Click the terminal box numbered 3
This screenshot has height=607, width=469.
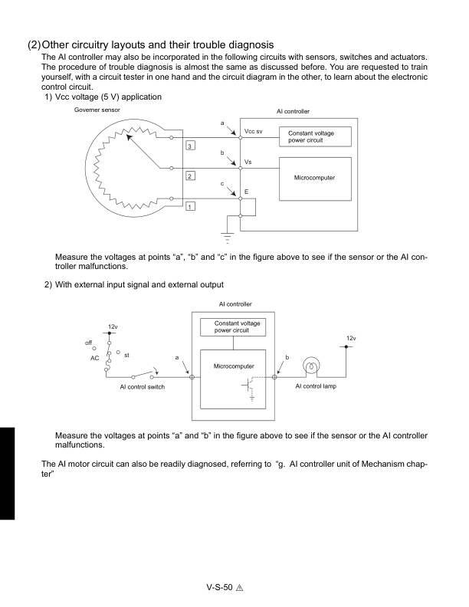190,145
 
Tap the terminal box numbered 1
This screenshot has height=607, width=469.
190,205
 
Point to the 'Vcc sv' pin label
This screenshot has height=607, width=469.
254,131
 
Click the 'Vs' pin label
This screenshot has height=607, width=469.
248,162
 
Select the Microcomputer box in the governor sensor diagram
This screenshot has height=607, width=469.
314,178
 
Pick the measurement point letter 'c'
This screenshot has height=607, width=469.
221,182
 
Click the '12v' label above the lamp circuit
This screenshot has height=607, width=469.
350,338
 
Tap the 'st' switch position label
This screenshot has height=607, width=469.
126,355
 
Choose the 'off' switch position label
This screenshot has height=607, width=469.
90,342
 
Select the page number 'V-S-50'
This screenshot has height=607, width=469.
219,588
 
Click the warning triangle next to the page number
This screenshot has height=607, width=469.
239,589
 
